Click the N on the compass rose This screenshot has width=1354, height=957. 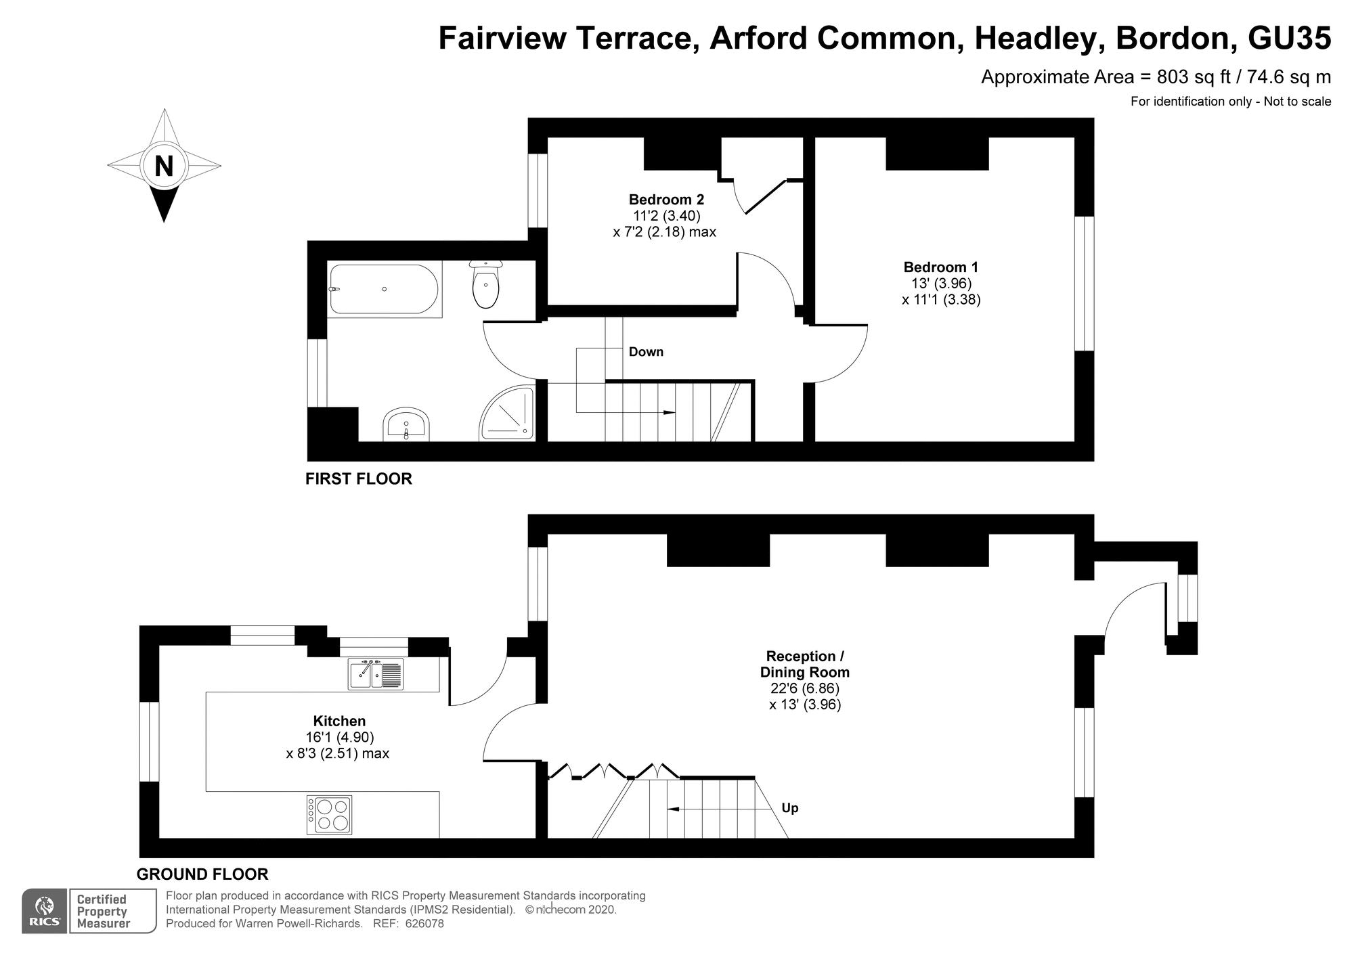point(164,166)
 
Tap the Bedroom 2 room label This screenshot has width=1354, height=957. point(666,200)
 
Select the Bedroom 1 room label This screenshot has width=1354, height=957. point(941,267)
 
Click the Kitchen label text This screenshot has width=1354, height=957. point(339,721)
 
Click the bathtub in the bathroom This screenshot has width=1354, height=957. point(384,289)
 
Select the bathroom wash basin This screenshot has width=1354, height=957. point(406,425)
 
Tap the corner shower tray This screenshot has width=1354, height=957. point(507,414)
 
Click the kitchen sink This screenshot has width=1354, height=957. point(376,674)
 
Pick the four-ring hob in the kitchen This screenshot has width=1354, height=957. point(329,815)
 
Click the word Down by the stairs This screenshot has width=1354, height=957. point(646,352)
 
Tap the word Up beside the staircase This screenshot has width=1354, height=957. point(790,808)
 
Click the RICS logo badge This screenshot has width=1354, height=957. point(45,911)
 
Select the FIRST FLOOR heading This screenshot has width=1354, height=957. point(359,479)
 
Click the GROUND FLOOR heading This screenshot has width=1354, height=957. point(202,874)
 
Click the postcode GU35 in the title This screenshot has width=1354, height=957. point(1289,38)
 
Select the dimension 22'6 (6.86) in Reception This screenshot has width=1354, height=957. point(805,688)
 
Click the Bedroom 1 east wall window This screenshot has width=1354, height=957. point(1085,284)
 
